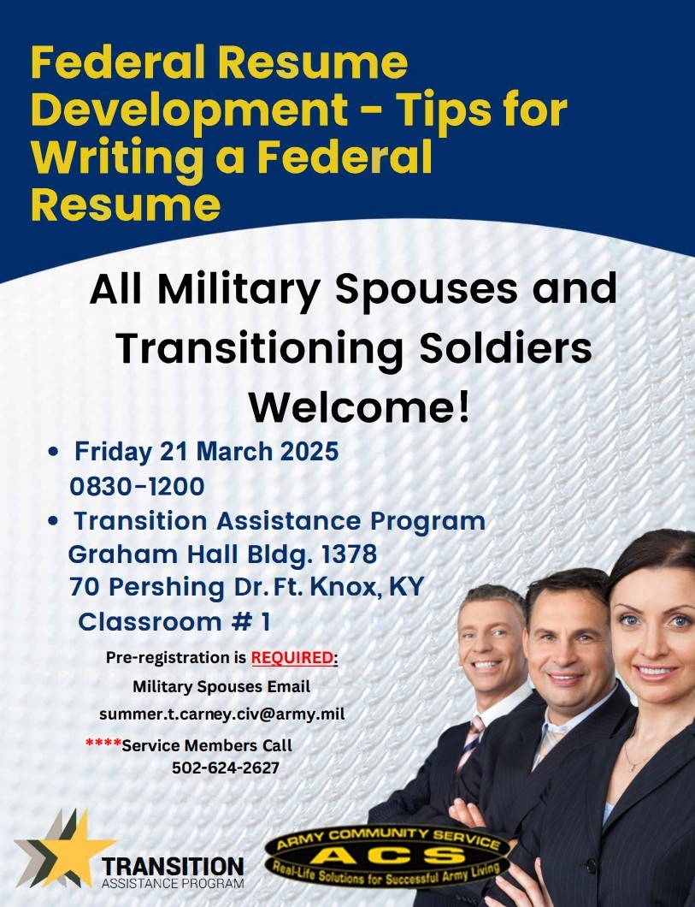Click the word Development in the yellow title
(x=190, y=111)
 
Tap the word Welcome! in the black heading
(x=360, y=407)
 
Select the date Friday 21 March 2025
(x=206, y=452)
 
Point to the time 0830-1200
(x=137, y=487)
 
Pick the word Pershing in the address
(x=167, y=588)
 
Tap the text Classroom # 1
(x=174, y=622)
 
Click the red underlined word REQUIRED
(x=292, y=658)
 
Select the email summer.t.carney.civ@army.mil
(x=222, y=714)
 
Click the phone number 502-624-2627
(x=226, y=768)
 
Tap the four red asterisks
(x=103, y=743)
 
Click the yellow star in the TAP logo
(x=77, y=849)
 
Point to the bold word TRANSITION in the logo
(x=173, y=867)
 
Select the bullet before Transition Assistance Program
(x=54, y=521)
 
